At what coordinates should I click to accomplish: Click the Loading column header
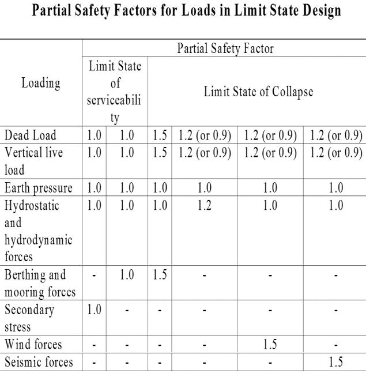click(40, 84)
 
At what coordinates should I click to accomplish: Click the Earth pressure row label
click(39, 187)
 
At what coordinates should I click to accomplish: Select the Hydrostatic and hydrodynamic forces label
click(37, 225)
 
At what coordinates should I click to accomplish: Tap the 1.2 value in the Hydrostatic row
click(204, 203)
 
